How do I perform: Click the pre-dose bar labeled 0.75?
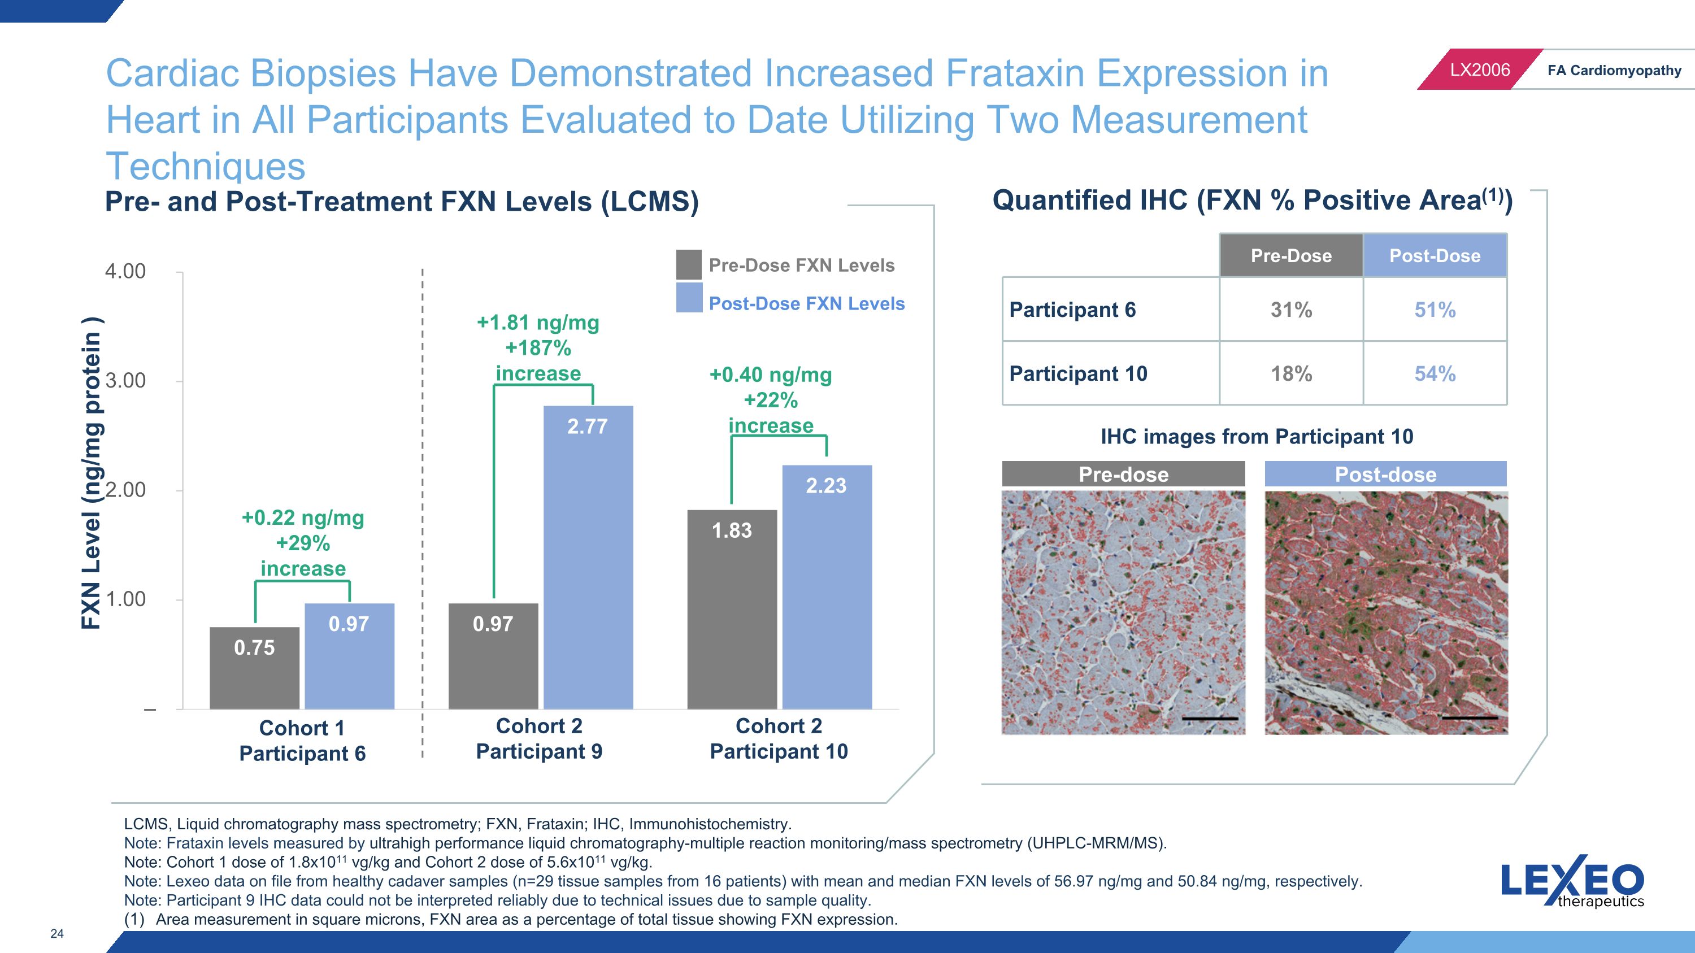[255, 668]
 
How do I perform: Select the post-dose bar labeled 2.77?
[588, 557]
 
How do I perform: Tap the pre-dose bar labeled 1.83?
[732, 609]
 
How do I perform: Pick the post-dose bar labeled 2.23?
[827, 587]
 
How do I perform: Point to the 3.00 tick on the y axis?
[125, 381]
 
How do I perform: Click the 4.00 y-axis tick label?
[125, 271]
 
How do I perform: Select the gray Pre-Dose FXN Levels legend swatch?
[689, 264]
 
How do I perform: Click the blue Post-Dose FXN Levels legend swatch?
[689, 298]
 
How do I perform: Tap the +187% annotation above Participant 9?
[538, 348]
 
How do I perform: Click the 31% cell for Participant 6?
[1291, 309]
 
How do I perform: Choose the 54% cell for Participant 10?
[1435, 373]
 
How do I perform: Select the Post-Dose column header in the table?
[1435, 255]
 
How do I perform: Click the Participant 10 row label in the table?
[1079, 373]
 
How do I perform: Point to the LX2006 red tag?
[1480, 69]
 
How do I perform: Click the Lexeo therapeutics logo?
[1572, 881]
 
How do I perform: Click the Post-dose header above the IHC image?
[1386, 474]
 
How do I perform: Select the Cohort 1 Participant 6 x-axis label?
[303, 741]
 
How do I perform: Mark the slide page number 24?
[57, 933]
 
